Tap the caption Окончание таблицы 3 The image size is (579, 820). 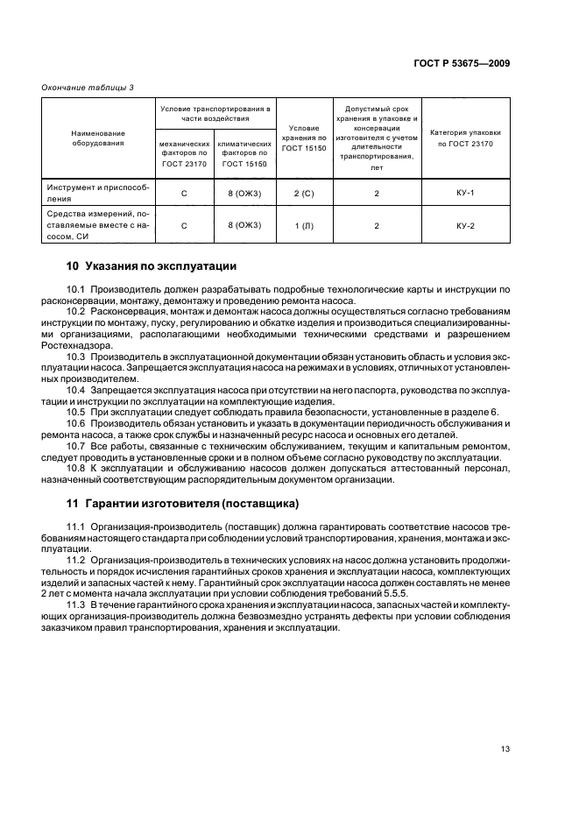click(x=88, y=86)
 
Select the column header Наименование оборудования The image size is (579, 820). click(x=98, y=137)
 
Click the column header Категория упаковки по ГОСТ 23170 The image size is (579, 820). click(x=465, y=137)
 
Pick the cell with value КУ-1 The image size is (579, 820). click(x=465, y=192)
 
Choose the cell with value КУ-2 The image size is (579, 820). click(x=465, y=225)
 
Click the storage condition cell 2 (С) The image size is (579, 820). click(x=304, y=192)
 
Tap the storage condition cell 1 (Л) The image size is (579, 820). click(x=304, y=226)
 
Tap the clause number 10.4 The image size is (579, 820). click(x=77, y=389)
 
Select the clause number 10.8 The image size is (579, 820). click(x=77, y=469)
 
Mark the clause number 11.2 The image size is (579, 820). click(x=77, y=558)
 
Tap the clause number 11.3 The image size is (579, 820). click(x=77, y=604)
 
